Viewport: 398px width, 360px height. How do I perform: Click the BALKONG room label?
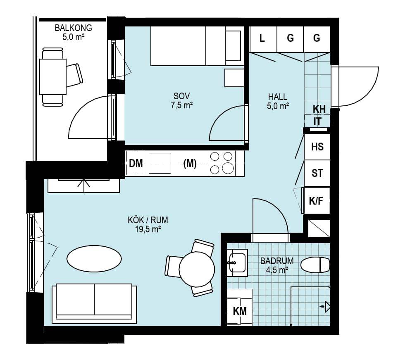click(73, 28)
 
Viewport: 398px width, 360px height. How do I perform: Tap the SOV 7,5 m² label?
click(182, 100)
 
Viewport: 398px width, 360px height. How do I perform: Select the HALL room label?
click(278, 97)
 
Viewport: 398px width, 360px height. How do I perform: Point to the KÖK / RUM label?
click(148, 220)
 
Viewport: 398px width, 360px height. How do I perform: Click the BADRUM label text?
click(276, 261)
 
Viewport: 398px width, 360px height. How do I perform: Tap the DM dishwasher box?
click(135, 163)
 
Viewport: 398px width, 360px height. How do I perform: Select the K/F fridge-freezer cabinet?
click(316, 200)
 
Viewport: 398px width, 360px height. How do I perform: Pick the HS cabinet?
click(317, 147)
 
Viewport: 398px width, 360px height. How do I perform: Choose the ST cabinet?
click(317, 174)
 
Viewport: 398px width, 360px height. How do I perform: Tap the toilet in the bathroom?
click(315, 265)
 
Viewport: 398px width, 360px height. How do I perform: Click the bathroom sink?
click(237, 262)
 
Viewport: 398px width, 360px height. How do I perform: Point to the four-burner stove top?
click(222, 163)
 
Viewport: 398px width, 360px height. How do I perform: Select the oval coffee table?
click(94, 258)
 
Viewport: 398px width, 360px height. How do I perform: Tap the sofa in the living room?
click(94, 304)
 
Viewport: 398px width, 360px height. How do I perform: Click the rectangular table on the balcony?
click(53, 77)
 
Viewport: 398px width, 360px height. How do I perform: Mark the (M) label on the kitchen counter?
click(190, 164)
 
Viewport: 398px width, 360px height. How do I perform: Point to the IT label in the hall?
click(317, 122)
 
